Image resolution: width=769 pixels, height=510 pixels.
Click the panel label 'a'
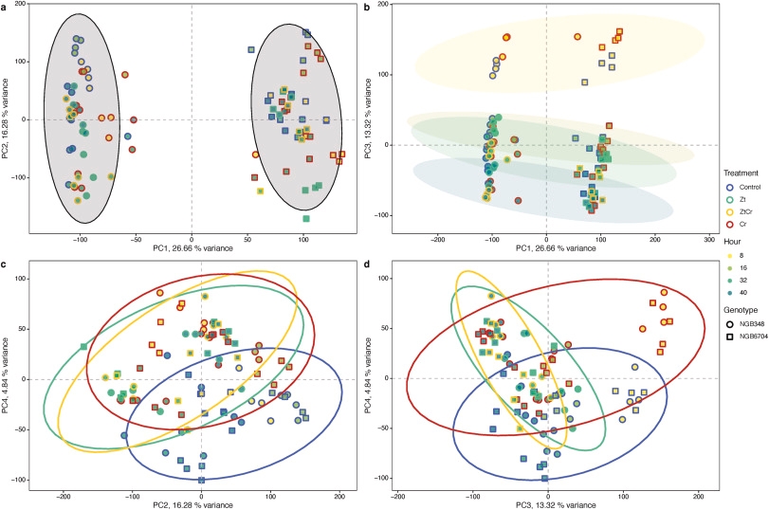click(5, 7)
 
